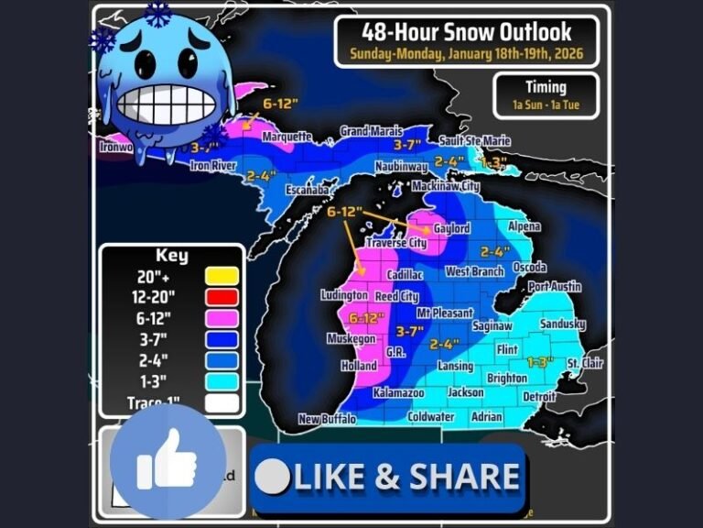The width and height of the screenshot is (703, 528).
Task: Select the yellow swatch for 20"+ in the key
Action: (x=222, y=275)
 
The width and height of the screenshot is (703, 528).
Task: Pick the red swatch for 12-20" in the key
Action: (x=222, y=297)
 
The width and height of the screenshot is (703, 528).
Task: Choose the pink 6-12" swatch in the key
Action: (x=222, y=318)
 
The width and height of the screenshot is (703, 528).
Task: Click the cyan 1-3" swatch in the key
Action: (x=222, y=381)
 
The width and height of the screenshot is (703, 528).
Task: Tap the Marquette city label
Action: (x=287, y=137)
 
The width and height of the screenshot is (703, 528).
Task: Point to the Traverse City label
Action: (x=395, y=244)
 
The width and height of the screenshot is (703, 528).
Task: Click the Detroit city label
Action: (x=539, y=397)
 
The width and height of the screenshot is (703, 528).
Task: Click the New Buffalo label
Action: (x=328, y=420)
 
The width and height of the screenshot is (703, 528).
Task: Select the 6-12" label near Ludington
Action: (x=365, y=318)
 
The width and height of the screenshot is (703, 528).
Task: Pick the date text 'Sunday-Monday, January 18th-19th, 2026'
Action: (x=466, y=53)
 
